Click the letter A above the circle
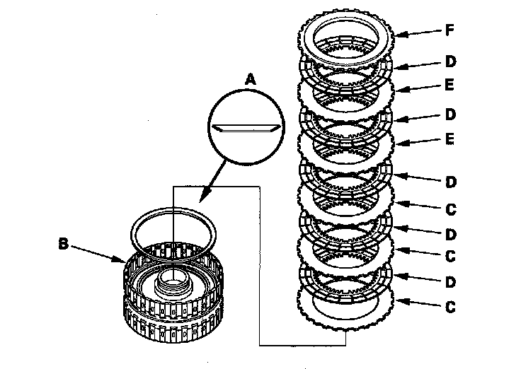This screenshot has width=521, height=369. click(251, 80)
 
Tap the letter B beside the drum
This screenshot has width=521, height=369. click(63, 244)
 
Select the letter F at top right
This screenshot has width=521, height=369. click(450, 30)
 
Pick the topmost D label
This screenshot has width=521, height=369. click(450, 61)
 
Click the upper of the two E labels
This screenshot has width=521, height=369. click(450, 85)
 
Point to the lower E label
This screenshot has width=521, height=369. click(450, 139)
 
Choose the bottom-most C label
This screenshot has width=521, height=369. click(450, 307)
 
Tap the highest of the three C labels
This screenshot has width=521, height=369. click(450, 209)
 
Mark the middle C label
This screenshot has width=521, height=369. click(450, 256)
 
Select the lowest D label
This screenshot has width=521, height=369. click(450, 282)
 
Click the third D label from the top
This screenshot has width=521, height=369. click(450, 182)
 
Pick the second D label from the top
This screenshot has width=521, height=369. click(450, 115)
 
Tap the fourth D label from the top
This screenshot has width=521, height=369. click(450, 235)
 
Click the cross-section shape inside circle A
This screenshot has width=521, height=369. click(246, 129)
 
